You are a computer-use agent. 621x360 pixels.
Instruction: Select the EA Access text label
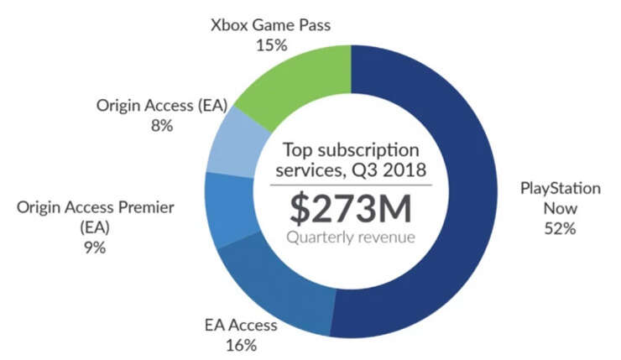(242, 324)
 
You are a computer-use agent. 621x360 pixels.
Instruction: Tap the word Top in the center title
(297, 150)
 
